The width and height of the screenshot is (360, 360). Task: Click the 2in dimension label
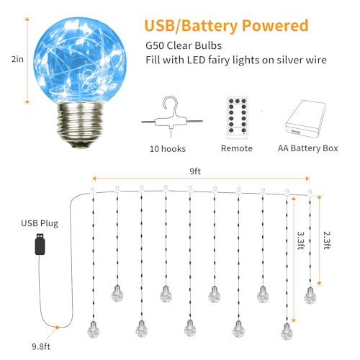(17, 59)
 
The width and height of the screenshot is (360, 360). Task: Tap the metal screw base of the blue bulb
(80, 125)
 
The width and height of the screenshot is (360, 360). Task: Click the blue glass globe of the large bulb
(80, 60)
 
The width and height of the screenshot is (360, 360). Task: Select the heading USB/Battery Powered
(226, 26)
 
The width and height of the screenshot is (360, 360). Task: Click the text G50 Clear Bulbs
(184, 45)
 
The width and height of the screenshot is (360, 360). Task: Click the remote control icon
(238, 117)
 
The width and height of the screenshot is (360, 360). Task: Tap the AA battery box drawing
(305, 119)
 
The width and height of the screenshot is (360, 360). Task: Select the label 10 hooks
(168, 149)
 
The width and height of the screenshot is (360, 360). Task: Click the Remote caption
(237, 148)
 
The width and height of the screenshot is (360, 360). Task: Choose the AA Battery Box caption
(308, 148)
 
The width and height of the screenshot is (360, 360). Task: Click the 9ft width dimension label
(195, 171)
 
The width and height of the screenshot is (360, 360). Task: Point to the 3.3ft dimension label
(301, 240)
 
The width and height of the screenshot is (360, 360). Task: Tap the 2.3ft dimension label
(327, 240)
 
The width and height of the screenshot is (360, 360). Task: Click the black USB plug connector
(40, 244)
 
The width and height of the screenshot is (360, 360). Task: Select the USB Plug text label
(40, 223)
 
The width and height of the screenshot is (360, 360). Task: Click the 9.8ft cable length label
(41, 346)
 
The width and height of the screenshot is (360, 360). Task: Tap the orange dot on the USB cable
(57, 327)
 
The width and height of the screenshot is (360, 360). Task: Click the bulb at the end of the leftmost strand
(93, 330)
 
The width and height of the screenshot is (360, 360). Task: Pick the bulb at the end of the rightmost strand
(310, 295)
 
